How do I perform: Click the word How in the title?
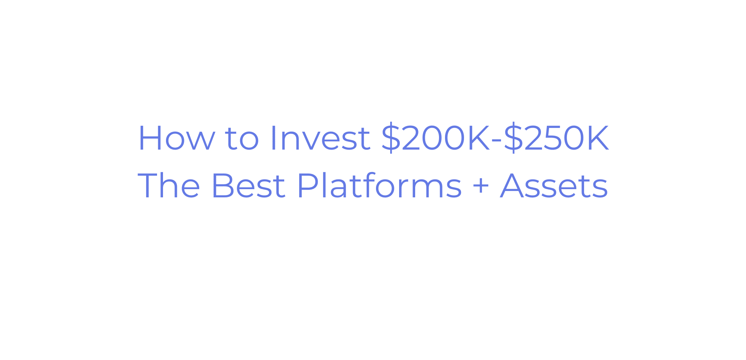point(176,138)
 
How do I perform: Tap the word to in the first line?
point(242,138)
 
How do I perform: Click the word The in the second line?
point(169,185)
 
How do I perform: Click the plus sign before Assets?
point(481,186)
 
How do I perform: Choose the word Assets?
point(554,185)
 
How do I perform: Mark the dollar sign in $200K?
point(391,137)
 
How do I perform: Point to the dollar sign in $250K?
point(513,137)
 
